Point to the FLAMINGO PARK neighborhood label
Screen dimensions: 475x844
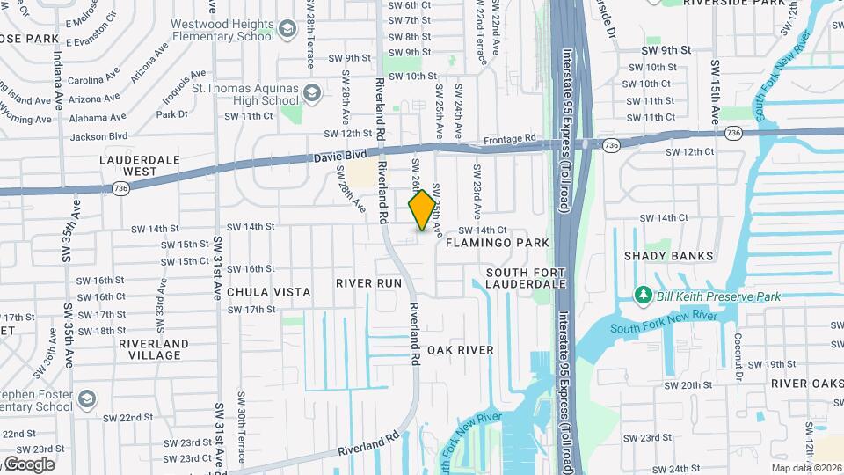point(497,242)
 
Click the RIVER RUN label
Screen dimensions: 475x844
point(368,283)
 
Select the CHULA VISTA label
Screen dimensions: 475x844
point(269,291)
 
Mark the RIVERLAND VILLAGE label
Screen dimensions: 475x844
point(153,349)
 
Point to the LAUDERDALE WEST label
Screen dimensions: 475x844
point(139,165)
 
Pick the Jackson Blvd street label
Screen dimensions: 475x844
point(98,136)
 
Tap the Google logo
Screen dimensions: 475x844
point(28,464)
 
